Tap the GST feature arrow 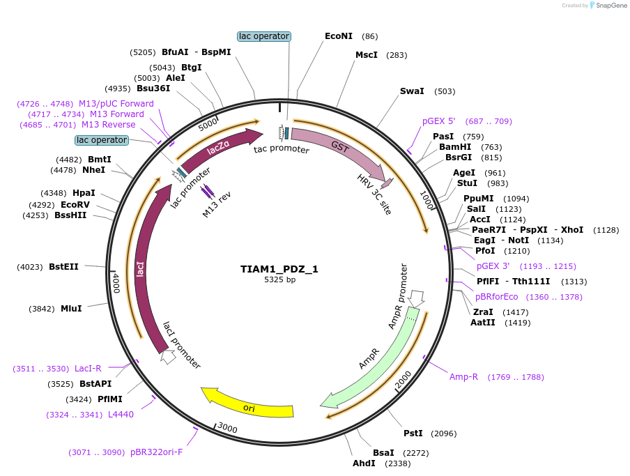click(x=339, y=149)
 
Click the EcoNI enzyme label click(x=339, y=36)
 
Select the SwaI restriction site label click(x=412, y=91)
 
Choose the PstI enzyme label click(x=413, y=433)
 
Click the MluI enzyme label click(x=71, y=308)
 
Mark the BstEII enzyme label click(x=63, y=266)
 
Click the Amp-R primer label click(x=463, y=377)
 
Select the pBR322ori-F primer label click(x=156, y=452)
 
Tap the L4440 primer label click(x=121, y=415)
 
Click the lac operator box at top click(x=264, y=36)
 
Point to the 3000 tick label click(x=228, y=427)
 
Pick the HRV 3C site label click(x=375, y=194)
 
